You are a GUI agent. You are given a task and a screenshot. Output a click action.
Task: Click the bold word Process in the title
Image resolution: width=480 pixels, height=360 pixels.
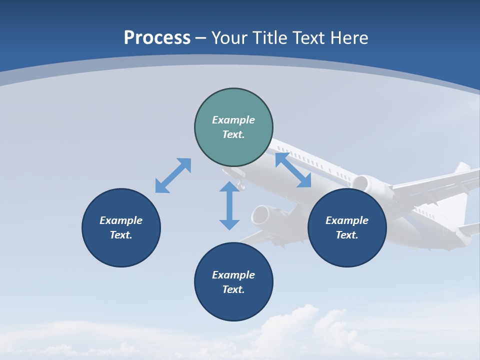157,38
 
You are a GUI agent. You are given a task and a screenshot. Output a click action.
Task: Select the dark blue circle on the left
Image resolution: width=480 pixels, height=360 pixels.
121,227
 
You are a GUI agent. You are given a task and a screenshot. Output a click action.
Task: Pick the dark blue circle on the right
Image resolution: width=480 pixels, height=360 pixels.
347,227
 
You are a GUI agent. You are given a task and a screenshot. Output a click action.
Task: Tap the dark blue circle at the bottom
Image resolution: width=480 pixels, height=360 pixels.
233,282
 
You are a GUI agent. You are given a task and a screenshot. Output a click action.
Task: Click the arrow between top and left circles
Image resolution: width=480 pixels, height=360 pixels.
173,175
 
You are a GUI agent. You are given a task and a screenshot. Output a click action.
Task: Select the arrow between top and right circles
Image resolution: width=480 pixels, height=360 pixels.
293,170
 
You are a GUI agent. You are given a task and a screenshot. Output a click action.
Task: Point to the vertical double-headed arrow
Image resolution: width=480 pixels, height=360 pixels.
229,205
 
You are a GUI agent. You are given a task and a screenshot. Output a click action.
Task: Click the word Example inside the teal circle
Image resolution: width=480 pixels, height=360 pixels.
233,120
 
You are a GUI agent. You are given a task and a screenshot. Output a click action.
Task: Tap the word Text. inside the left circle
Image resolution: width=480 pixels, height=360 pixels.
121,235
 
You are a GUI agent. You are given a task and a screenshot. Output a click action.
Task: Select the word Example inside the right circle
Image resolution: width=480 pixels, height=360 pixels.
347,220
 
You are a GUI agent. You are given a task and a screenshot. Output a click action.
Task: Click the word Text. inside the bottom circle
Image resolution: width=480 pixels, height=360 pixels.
233,289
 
